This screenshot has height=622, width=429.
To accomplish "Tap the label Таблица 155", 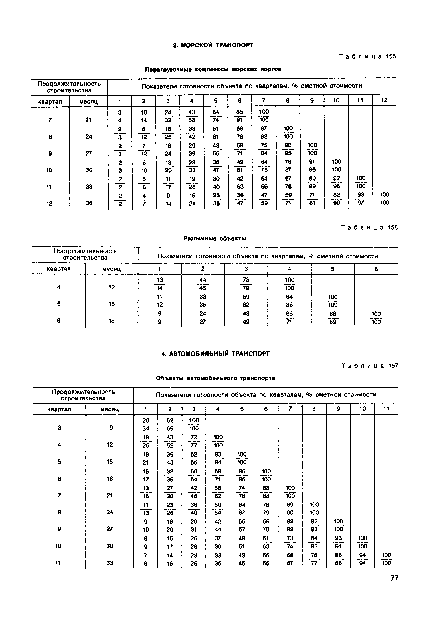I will [x=367, y=57].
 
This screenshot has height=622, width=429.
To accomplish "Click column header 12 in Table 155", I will [x=384, y=100].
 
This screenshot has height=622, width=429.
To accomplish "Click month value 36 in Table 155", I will [x=89, y=203].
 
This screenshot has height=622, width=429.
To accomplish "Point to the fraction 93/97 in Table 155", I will [x=361, y=199].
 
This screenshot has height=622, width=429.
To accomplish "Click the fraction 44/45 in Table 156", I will [x=203, y=284].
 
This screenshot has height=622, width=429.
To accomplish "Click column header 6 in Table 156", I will [x=376, y=269].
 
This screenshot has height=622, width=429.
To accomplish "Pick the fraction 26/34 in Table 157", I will [x=146, y=424].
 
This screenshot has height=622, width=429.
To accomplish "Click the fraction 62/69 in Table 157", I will [x=170, y=424].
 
